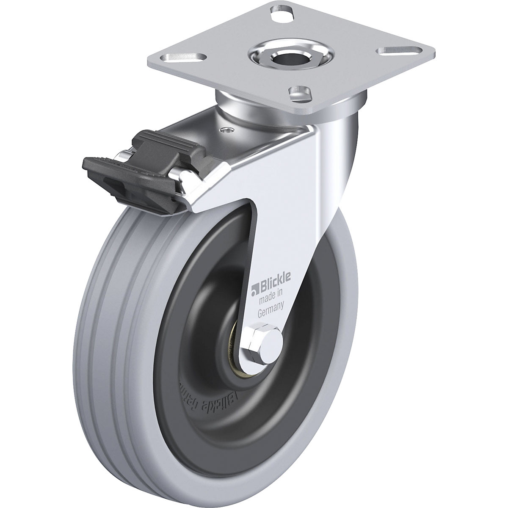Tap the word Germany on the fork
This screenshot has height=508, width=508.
(x=271, y=313)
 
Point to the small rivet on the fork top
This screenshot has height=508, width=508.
(x=228, y=130)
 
